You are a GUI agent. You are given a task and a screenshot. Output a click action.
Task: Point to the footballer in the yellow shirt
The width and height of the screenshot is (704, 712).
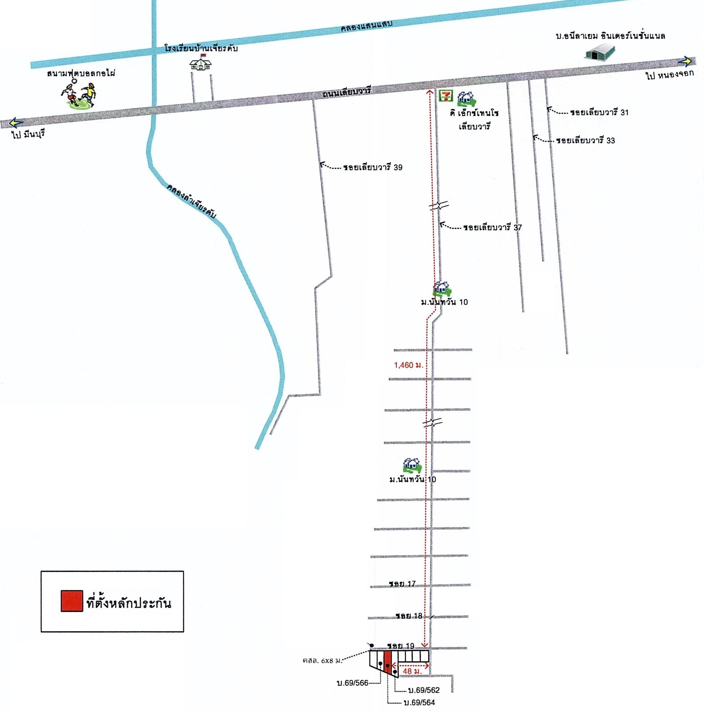(x=88, y=95)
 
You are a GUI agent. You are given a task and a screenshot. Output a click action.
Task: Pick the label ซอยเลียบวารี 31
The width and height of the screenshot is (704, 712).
(x=599, y=112)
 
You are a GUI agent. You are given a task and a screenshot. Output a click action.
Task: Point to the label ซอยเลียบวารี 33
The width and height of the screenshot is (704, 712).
(x=586, y=140)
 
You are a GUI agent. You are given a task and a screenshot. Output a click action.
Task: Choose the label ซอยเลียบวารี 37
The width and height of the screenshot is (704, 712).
(x=493, y=227)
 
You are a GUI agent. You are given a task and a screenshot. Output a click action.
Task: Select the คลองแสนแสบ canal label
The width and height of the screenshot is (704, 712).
(x=366, y=27)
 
